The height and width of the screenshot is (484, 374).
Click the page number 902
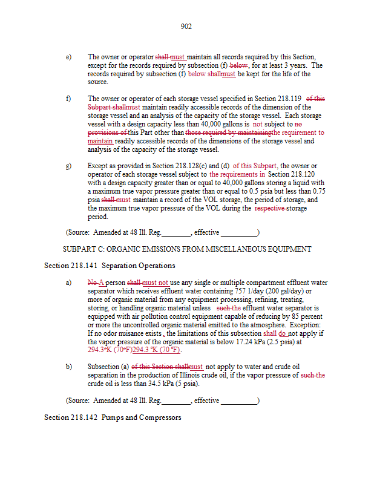click(x=186, y=27)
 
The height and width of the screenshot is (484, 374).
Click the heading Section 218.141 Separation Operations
click(x=110, y=266)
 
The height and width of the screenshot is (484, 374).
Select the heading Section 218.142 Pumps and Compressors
click(x=113, y=417)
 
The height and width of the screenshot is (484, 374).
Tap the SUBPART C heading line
click(x=187, y=249)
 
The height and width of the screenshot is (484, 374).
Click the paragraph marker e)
click(x=68, y=57)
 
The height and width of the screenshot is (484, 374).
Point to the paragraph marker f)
click(x=68, y=98)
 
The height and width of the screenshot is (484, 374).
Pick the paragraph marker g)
click(x=68, y=166)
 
